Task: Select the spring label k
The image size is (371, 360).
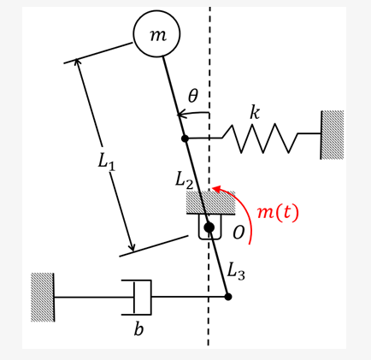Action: (254, 113)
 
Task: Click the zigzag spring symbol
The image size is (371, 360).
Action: (260, 137)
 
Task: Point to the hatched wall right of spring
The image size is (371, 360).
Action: (332, 134)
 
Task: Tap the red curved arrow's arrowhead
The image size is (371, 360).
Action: (217, 190)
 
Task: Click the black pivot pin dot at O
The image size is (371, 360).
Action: (209, 227)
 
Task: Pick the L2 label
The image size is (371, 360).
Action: (185, 179)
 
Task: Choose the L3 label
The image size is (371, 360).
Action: (236, 272)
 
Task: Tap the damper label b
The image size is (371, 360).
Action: (138, 329)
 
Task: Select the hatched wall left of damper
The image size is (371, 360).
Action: (43, 297)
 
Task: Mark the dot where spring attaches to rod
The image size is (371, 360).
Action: (185, 138)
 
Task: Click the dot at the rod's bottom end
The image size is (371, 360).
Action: (227, 297)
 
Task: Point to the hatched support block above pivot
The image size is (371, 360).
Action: (210, 203)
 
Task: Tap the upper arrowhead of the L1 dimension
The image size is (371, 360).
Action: (78, 62)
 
